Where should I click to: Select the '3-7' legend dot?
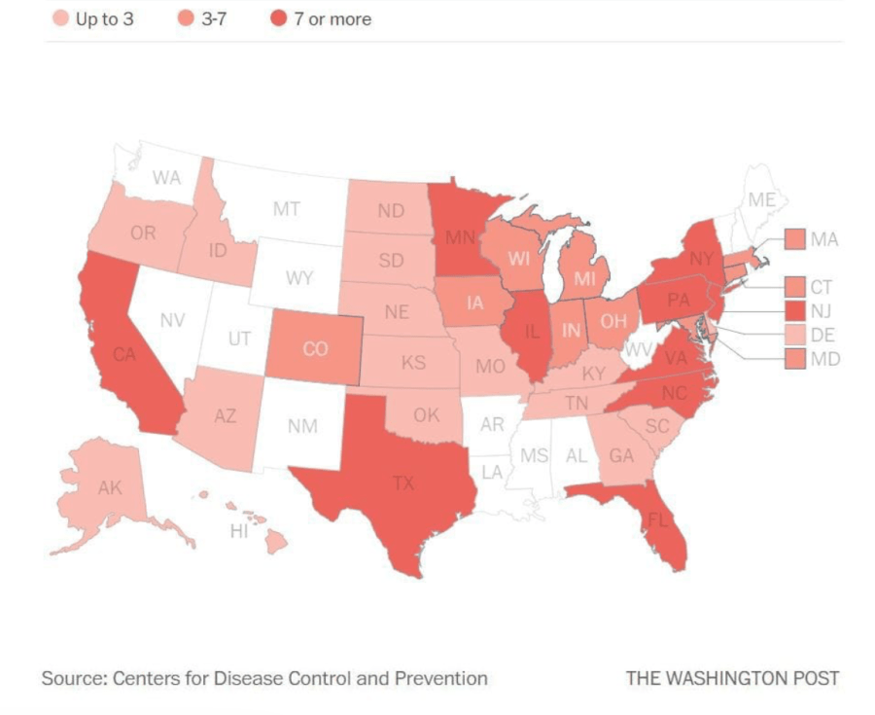point(185,18)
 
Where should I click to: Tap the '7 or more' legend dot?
point(279,18)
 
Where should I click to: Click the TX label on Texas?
point(402,481)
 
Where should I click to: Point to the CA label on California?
point(123,355)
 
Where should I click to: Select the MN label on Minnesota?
point(460,236)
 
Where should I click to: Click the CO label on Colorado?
point(315,348)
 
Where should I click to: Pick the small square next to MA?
point(794,238)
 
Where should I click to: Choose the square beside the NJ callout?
point(794,310)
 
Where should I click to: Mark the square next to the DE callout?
point(794,335)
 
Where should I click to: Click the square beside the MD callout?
point(794,359)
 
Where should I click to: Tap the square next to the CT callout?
point(794,286)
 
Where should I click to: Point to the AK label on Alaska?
point(110,487)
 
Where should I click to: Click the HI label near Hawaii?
point(239,531)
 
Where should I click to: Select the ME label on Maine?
point(761,200)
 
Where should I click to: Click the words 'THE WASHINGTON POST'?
point(731,678)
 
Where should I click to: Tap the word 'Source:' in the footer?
point(72,678)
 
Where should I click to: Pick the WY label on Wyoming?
point(298,278)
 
